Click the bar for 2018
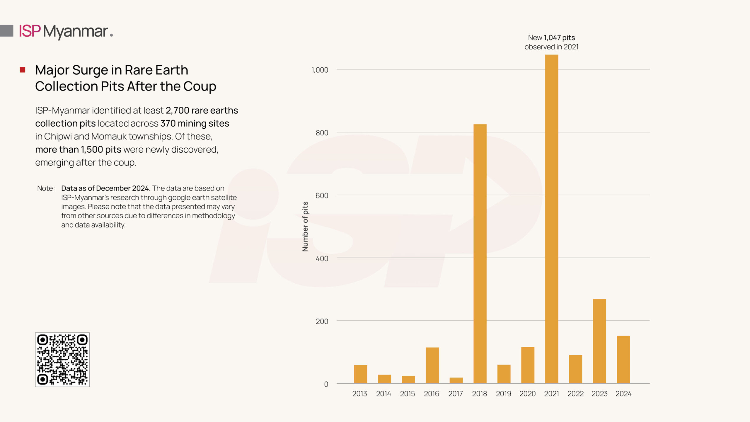click(x=480, y=253)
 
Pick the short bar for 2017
click(x=456, y=380)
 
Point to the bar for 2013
click(x=360, y=374)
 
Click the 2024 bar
click(x=623, y=359)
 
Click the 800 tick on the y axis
click(x=322, y=133)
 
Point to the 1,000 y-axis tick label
click(x=320, y=70)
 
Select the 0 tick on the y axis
click(x=326, y=384)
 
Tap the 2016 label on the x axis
click(x=431, y=394)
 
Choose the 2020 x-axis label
click(x=527, y=394)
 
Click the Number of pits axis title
click(x=305, y=226)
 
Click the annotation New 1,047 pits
click(x=551, y=38)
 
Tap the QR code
click(x=62, y=360)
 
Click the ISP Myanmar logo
click(x=66, y=31)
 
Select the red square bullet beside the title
click(x=23, y=70)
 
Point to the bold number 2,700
click(x=177, y=110)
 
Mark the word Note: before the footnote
click(x=46, y=188)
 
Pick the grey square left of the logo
click(x=6, y=31)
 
